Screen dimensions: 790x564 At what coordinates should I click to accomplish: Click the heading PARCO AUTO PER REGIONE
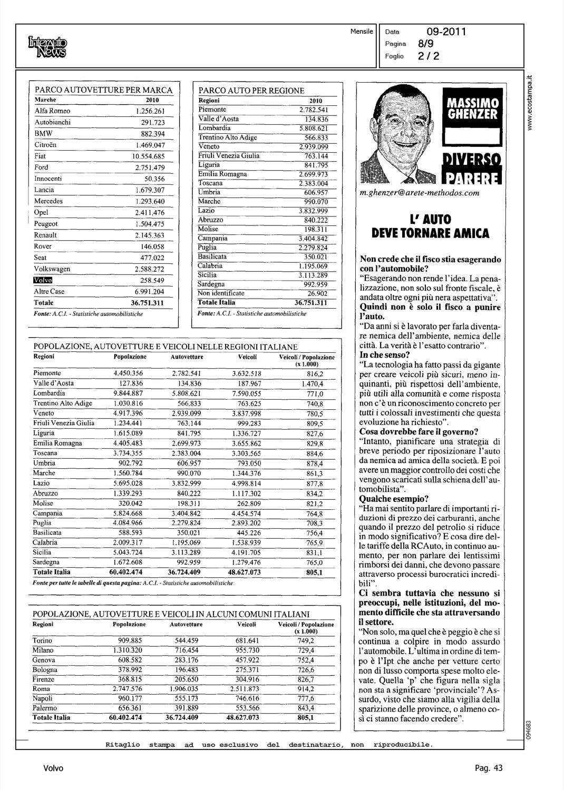pos(251,91)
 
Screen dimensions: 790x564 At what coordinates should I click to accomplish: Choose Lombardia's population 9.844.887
pos(128,393)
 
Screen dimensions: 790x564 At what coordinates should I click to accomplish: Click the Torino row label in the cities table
pos(43,641)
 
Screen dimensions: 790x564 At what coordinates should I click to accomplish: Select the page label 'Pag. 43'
pos(489,768)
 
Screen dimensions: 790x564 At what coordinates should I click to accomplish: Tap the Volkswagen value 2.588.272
pos(149,269)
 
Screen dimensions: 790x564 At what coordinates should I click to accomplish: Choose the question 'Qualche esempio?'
pos(394,498)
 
